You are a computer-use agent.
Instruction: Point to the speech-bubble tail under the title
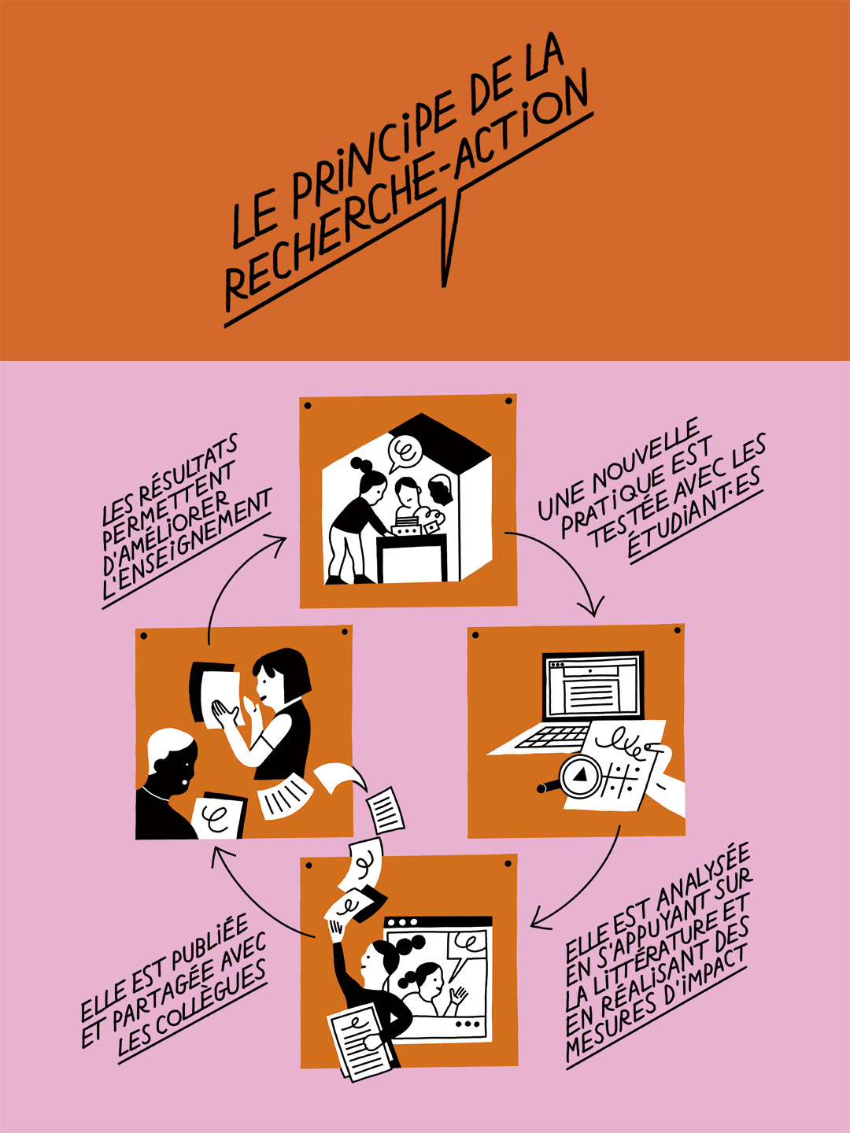point(449,236)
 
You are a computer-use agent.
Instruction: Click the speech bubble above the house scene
point(405,452)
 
